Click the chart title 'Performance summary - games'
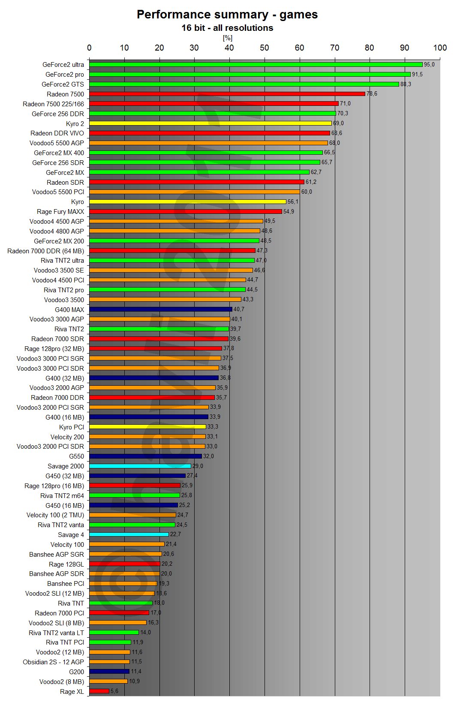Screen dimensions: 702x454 [x=227, y=15]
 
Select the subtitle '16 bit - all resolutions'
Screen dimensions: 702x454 [x=227, y=28]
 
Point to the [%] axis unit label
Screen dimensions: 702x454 [x=227, y=38]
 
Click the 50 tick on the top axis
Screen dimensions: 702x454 [x=265, y=48]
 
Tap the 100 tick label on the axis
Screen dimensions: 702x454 [x=440, y=48]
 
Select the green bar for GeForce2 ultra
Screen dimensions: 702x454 [x=256, y=65]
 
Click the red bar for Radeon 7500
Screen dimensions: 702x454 [x=227, y=94]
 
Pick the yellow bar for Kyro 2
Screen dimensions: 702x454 [x=210, y=123]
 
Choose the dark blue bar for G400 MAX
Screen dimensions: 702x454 [x=161, y=309]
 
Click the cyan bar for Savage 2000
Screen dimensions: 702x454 [x=140, y=466]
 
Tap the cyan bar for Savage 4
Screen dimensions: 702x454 [x=129, y=534]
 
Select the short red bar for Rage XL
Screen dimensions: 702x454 [x=99, y=691]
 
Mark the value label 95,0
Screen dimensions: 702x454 [x=429, y=65]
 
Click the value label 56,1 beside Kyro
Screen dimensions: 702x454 [x=293, y=202]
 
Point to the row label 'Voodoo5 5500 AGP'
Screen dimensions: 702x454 [x=57, y=143]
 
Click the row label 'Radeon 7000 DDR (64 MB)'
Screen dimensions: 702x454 [x=45, y=251]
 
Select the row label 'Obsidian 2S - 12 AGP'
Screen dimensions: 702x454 [x=53, y=662]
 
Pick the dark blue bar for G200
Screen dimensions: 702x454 [x=109, y=672]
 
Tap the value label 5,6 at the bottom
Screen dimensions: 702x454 [x=114, y=691]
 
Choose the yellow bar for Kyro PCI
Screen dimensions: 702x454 [x=147, y=427]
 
